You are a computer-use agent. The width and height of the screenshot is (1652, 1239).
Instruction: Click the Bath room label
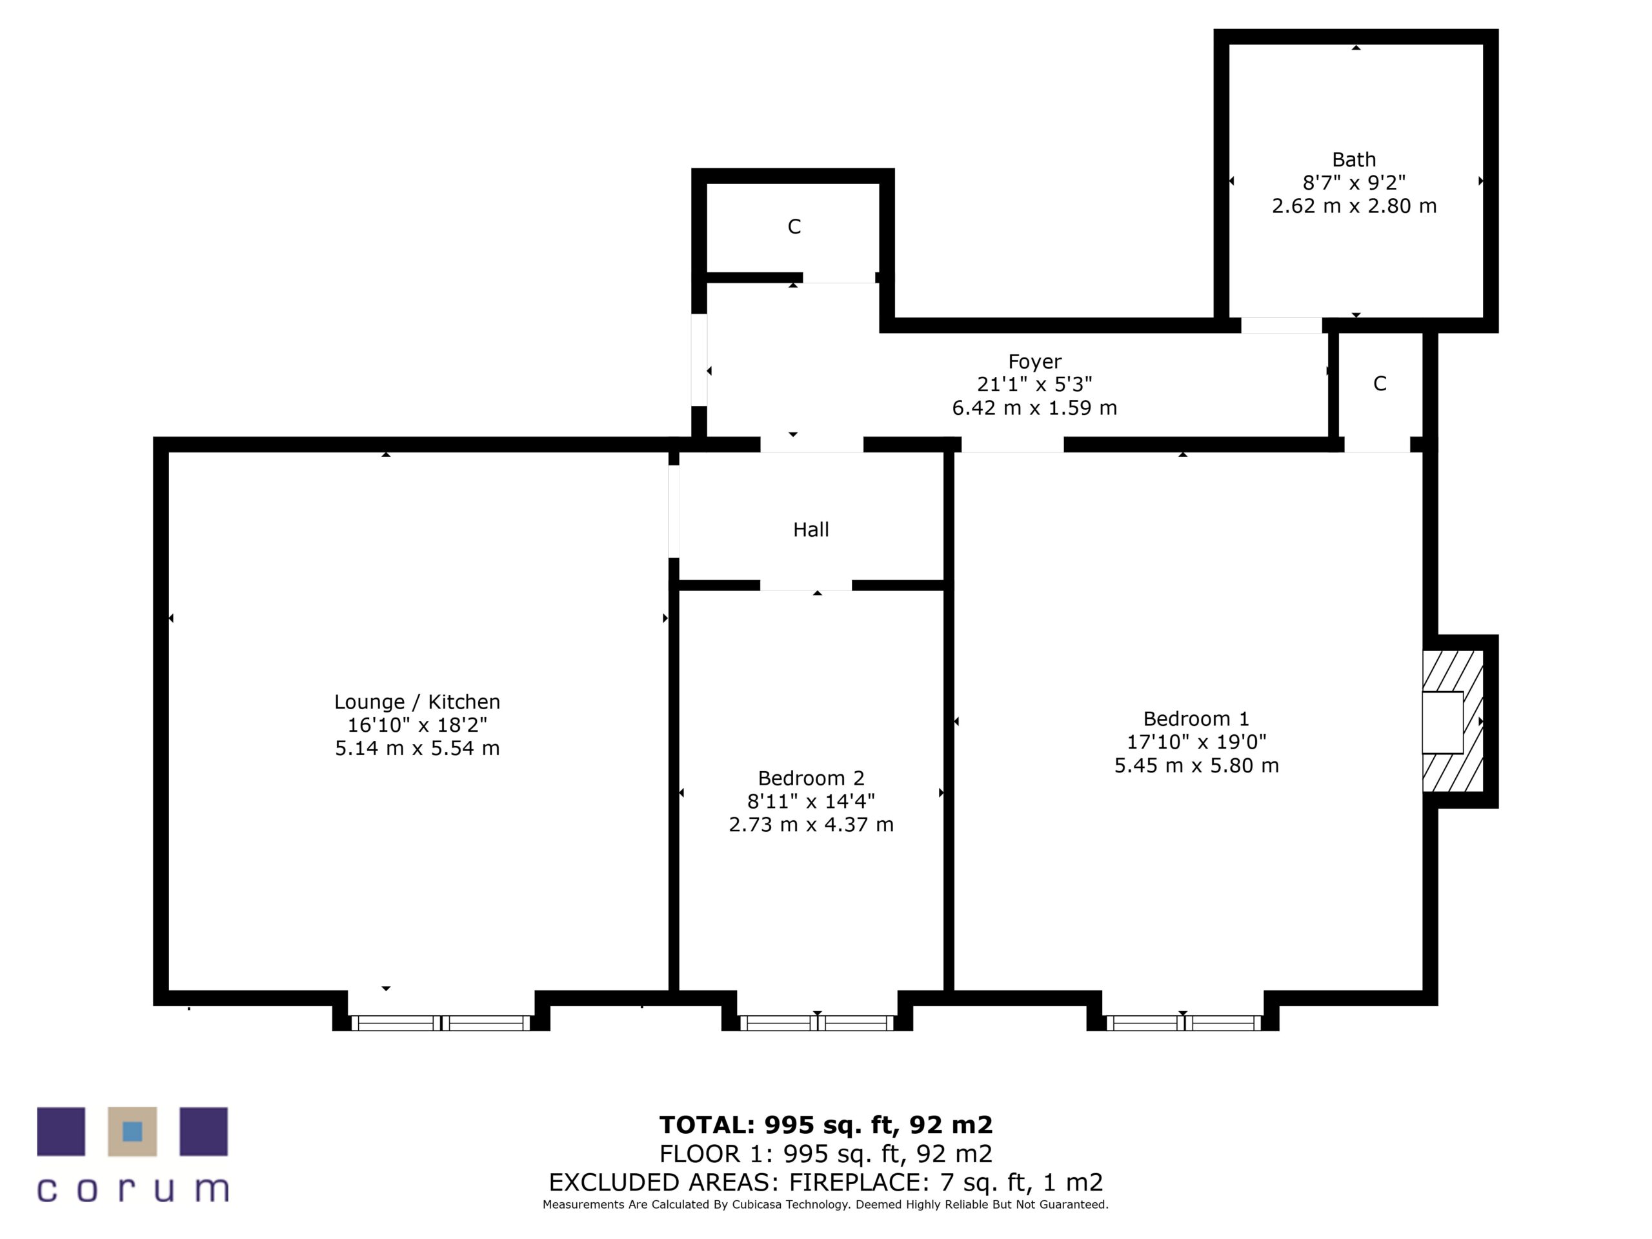pyautogui.click(x=1353, y=160)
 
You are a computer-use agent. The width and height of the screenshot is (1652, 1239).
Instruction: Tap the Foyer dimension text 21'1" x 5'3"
pyautogui.click(x=1034, y=385)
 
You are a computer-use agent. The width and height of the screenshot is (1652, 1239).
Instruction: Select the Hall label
pyautogui.click(x=811, y=530)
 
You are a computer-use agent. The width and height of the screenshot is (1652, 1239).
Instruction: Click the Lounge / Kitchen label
pyautogui.click(x=417, y=702)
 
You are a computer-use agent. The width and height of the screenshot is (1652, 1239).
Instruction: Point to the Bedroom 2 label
pyautogui.click(x=811, y=778)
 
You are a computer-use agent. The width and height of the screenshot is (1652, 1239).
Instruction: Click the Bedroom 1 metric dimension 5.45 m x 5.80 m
pyautogui.click(x=1196, y=765)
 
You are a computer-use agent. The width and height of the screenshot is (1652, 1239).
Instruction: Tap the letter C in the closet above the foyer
pyautogui.click(x=794, y=227)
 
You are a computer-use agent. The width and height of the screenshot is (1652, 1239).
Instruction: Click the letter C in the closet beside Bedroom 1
pyautogui.click(x=1380, y=384)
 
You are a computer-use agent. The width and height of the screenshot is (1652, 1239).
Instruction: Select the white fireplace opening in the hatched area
pyautogui.click(x=1442, y=722)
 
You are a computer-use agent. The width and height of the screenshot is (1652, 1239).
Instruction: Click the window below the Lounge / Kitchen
pyautogui.click(x=441, y=1023)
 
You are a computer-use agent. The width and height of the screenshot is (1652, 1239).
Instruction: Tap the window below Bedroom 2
pyautogui.click(x=816, y=1023)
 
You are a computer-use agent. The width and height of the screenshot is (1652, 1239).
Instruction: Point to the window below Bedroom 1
pyautogui.click(x=1183, y=1023)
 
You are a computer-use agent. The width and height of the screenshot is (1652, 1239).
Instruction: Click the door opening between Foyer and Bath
pyautogui.click(x=1281, y=326)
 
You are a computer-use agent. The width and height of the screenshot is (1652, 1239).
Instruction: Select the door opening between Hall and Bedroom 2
pyautogui.click(x=806, y=585)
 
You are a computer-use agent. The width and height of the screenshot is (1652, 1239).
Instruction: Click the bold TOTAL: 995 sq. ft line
pyautogui.click(x=825, y=1125)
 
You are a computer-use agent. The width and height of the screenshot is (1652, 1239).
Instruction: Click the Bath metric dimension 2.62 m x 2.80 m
pyautogui.click(x=1353, y=206)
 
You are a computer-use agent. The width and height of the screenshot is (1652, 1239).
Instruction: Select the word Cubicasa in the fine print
pyautogui.click(x=759, y=1205)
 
